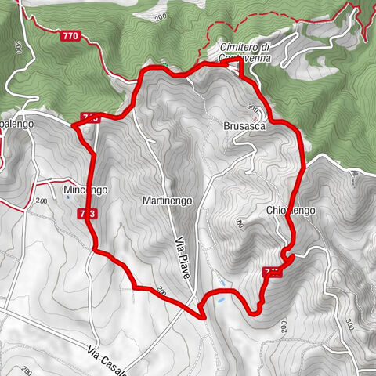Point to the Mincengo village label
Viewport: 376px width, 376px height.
tap(86, 190)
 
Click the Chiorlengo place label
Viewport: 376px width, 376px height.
tap(290, 211)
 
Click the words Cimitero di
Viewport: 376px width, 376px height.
tap(244, 47)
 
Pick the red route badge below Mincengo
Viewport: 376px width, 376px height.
tap(87, 213)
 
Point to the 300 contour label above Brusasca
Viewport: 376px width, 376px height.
tap(251, 108)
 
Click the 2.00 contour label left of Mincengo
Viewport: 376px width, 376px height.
tap(42, 201)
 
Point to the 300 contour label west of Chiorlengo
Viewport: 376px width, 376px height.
tap(237, 225)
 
